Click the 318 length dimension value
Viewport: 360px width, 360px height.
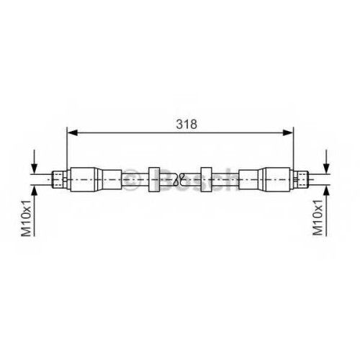click(186, 124)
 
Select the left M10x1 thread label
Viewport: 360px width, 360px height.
click(27, 218)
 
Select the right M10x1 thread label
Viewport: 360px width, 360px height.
click(318, 217)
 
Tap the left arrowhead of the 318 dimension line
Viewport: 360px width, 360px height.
click(73, 132)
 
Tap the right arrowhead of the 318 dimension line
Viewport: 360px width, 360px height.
click(288, 132)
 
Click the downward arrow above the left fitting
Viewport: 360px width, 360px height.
click(35, 161)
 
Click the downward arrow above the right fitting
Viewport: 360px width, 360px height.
click(326, 161)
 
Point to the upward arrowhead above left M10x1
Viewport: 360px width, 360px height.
click(35, 191)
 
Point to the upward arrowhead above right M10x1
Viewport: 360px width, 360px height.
click(326, 191)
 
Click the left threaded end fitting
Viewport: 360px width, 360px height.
click(60, 179)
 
